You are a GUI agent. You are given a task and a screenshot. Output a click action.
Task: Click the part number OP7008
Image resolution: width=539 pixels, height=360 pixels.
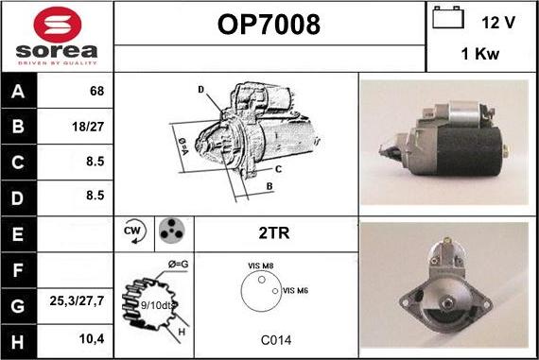269,24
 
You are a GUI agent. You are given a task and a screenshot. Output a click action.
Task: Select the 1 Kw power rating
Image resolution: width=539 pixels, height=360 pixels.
480,55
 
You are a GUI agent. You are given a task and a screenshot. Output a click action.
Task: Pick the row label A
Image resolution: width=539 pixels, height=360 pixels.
18,92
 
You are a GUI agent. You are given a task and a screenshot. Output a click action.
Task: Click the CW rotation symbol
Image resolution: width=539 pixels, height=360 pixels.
132,232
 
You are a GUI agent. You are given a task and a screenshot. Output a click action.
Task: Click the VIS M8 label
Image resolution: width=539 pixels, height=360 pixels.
261,267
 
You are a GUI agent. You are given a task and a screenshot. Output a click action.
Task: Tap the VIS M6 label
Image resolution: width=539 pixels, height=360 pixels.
296,290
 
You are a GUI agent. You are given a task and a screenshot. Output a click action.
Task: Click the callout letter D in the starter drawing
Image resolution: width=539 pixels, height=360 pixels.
201,90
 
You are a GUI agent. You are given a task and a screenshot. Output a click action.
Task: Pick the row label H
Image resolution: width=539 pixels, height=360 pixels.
18,338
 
